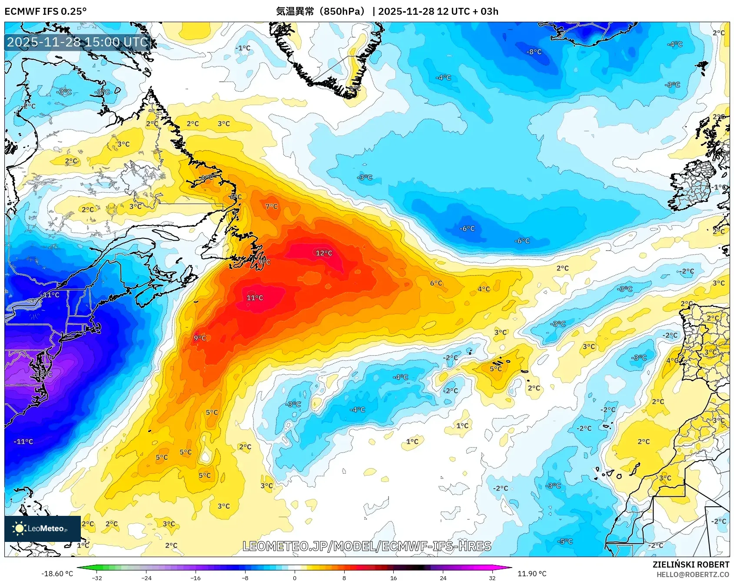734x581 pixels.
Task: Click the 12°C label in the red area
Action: click(x=324, y=253)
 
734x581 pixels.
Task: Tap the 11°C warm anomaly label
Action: click(x=255, y=298)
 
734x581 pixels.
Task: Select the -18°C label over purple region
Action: click(x=43, y=374)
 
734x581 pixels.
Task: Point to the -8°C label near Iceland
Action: click(x=534, y=52)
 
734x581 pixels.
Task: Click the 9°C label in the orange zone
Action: click(x=200, y=338)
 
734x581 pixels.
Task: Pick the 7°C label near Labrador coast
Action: click(x=272, y=206)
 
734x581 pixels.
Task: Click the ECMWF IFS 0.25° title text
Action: click(x=46, y=11)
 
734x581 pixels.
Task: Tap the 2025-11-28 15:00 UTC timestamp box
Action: click(x=77, y=42)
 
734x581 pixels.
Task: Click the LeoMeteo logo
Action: click(x=43, y=528)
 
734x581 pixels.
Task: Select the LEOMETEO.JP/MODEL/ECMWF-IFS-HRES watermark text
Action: click(x=367, y=546)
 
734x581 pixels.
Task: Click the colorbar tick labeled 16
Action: click(x=393, y=578)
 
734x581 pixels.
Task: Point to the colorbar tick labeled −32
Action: click(x=97, y=578)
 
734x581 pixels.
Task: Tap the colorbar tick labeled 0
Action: click(x=295, y=578)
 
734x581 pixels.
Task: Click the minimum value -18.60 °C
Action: click(x=57, y=574)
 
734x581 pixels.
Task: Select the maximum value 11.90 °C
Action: click(x=532, y=574)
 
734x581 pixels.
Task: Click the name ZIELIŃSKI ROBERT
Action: click(x=691, y=564)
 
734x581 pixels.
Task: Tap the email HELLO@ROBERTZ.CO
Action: click(x=692, y=574)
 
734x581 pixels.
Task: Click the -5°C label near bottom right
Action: click(x=565, y=541)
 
